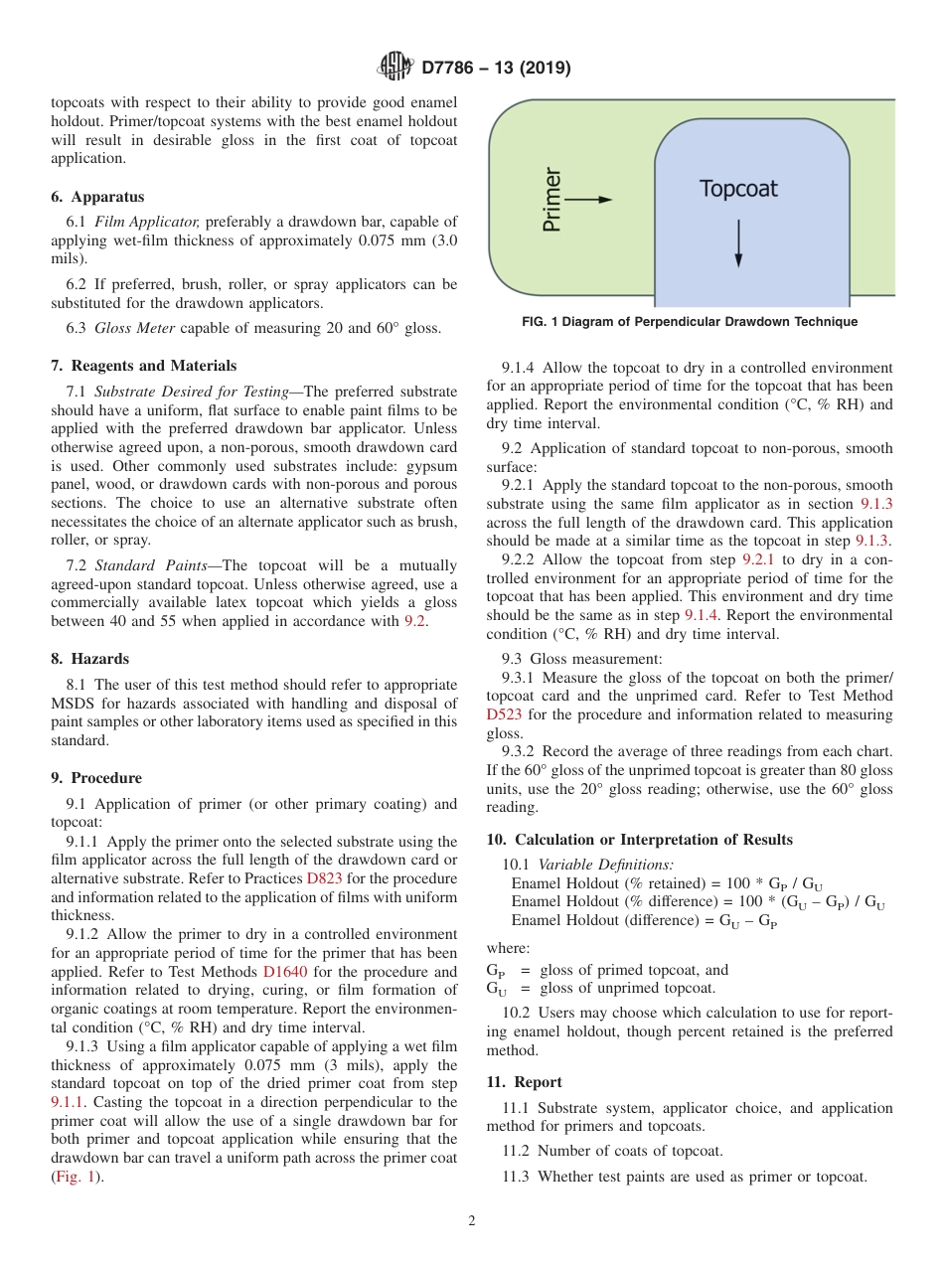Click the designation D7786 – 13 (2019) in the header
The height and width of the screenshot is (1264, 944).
(x=496, y=69)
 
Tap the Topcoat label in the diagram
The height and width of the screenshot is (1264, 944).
(x=738, y=189)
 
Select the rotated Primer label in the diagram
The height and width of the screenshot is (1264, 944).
(x=552, y=200)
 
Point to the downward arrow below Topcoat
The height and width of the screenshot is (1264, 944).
(x=738, y=244)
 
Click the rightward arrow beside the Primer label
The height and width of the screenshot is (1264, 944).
(x=590, y=199)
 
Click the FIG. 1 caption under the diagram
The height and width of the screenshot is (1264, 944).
(x=690, y=322)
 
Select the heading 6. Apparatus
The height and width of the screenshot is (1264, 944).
(x=97, y=197)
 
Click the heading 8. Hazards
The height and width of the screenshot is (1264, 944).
(x=90, y=659)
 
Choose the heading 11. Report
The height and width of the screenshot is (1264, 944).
(x=524, y=1082)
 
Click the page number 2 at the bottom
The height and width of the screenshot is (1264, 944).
(x=472, y=1221)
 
